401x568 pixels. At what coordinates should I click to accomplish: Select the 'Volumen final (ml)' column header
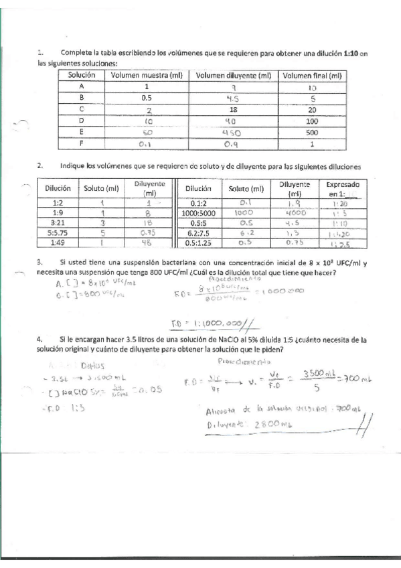313,76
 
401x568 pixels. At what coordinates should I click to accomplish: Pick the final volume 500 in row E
313,133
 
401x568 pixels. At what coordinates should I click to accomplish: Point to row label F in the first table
81,143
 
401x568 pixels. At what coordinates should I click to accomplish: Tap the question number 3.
40,262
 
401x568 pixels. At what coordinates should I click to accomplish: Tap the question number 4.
40,340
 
